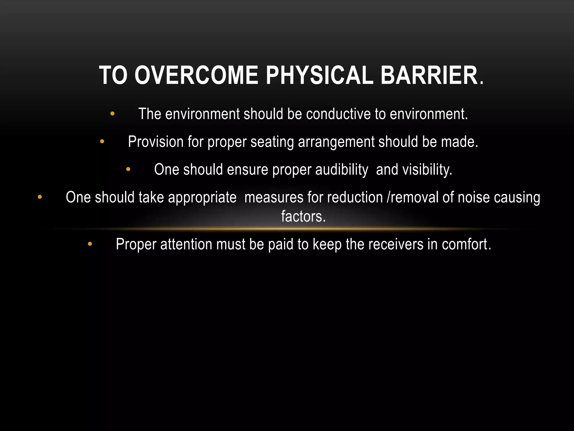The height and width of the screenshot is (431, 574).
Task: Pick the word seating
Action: coord(272,142)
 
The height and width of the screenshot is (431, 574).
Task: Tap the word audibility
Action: coord(342,169)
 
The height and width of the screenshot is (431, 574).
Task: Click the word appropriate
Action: coord(202,197)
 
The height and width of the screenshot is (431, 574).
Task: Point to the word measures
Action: coord(274,197)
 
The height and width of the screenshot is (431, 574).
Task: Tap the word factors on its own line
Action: coord(303,216)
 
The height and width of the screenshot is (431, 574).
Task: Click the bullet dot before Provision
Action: coord(102,141)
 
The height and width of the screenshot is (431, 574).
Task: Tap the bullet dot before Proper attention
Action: coord(90,244)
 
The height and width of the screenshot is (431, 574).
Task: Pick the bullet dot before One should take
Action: coord(40,197)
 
